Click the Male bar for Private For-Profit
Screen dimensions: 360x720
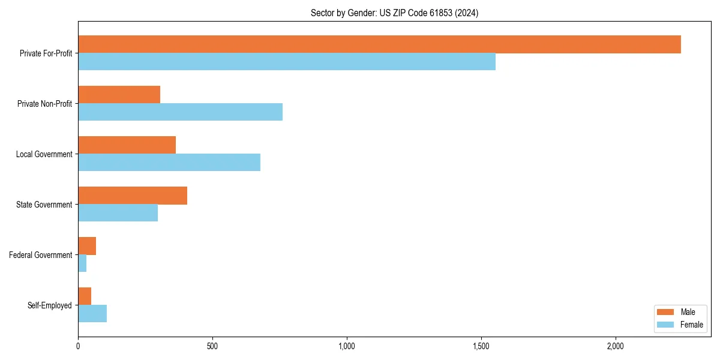click(379, 44)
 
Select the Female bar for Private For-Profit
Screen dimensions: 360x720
click(287, 62)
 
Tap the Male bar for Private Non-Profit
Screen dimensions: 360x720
click(119, 95)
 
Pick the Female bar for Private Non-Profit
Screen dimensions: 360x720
click(180, 112)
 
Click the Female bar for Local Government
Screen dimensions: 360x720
click(169, 163)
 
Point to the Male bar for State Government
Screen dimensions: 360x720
click(133, 196)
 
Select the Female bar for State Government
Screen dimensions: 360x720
click(118, 213)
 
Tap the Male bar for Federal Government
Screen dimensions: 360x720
click(87, 246)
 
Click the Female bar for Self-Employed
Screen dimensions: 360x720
click(92, 314)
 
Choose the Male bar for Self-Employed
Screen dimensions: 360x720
click(85, 296)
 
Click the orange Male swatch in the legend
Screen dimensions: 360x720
click(665, 312)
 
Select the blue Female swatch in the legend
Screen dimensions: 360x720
click(665, 325)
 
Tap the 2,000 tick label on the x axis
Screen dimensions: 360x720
click(616, 347)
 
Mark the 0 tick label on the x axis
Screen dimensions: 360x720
click(78, 347)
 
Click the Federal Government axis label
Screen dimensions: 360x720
click(41, 255)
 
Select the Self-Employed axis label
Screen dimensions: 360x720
click(50, 305)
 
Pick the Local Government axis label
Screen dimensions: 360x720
click(44, 154)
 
